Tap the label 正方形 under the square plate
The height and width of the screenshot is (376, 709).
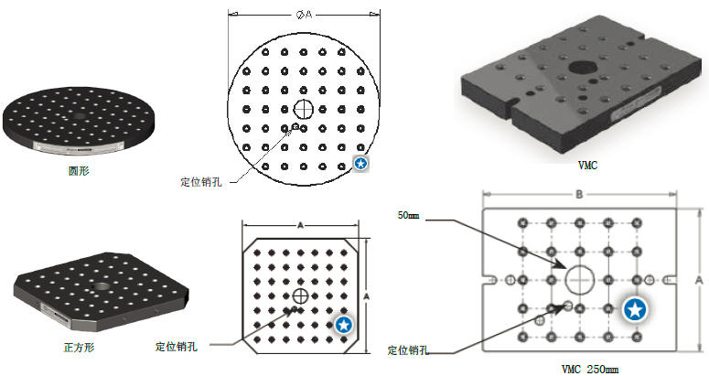click(x=79, y=348)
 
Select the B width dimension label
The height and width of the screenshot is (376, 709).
click(x=578, y=195)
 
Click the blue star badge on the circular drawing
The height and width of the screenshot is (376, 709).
click(x=361, y=164)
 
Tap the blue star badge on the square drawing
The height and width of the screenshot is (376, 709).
click(x=343, y=325)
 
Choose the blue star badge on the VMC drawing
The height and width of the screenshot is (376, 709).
click(x=634, y=309)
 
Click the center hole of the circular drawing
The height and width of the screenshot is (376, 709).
click(x=303, y=109)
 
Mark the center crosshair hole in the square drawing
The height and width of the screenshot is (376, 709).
click(x=300, y=295)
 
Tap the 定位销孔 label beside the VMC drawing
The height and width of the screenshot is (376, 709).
click(x=410, y=349)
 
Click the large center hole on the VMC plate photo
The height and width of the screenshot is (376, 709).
click(x=581, y=67)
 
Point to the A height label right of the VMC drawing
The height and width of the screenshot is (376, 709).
click(x=698, y=277)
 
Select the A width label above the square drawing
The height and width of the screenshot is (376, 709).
click(x=300, y=225)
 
